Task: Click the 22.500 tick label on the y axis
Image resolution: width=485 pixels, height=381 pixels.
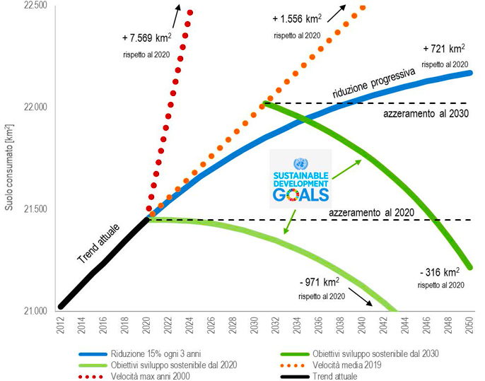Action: coord(34,6)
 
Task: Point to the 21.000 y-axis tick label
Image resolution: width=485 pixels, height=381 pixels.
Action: coord(34,311)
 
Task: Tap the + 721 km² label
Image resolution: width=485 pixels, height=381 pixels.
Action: coord(444,50)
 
